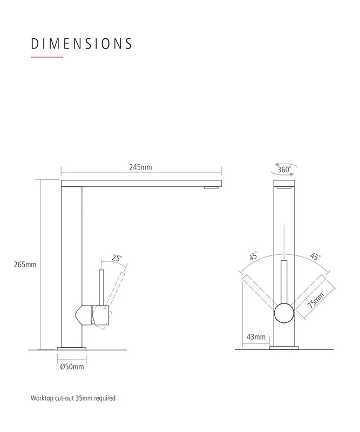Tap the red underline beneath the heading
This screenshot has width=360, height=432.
(x=47, y=57)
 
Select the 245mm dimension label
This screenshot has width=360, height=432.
(x=140, y=167)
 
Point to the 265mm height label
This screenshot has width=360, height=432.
(x=25, y=265)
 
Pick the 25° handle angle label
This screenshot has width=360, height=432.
(x=117, y=258)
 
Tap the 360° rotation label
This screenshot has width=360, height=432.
(x=284, y=170)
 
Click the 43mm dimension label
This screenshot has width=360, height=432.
(x=256, y=337)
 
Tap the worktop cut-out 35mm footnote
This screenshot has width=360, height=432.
(x=73, y=399)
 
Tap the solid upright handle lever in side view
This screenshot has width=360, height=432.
(x=100, y=286)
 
